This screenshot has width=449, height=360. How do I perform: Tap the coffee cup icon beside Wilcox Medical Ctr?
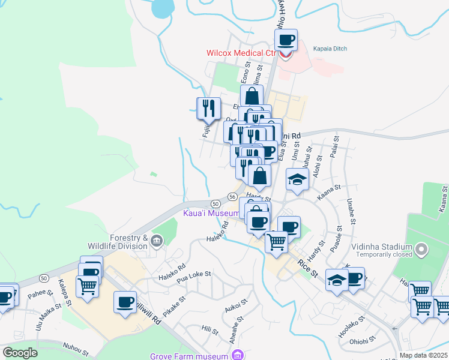(286, 41)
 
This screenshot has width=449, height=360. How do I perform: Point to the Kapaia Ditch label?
(331, 48)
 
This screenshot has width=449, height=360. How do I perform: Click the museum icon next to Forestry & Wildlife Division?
(157, 241)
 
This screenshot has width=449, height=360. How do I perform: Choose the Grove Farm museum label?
(188, 356)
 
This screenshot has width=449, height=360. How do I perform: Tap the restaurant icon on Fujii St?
(207, 108)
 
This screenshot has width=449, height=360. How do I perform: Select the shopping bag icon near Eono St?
(252, 95)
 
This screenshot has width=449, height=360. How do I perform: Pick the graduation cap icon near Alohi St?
(297, 179)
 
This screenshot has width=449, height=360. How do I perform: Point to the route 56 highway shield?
(232, 196)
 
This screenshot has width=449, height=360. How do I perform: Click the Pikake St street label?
(172, 298)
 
